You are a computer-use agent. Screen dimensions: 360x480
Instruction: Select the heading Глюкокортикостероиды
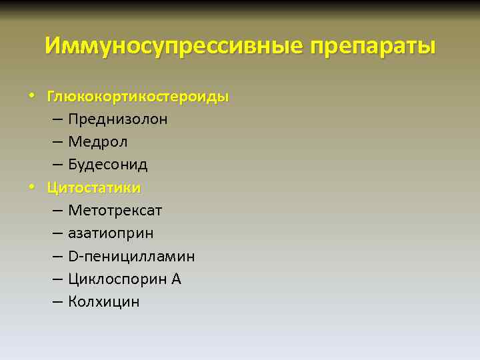pos(137,97)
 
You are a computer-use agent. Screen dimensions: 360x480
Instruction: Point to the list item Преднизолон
pos(117,119)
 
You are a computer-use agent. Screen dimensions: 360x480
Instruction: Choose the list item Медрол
pos(97,142)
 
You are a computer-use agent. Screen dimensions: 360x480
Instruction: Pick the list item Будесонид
pos(107,165)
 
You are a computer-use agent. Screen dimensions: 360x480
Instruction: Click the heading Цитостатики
pos(93,187)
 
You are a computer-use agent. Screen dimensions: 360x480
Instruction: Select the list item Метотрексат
pos(115,211)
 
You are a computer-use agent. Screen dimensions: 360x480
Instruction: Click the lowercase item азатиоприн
pos(110,233)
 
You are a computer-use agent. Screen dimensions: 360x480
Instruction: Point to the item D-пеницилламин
pos(131,256)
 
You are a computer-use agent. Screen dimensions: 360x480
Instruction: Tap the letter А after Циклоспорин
pos(176,279)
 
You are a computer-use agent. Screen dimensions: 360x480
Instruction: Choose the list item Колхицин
pos(103,301)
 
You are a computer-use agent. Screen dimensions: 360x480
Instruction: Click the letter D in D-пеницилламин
pos(73,256)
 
